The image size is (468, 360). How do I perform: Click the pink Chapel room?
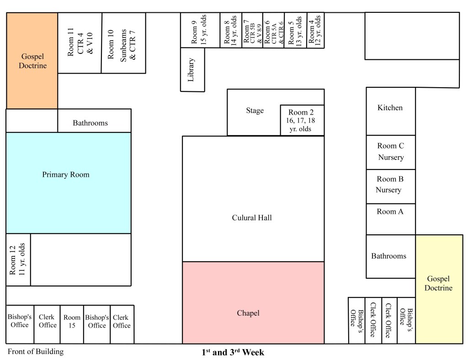253,302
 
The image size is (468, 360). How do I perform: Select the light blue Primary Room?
68,183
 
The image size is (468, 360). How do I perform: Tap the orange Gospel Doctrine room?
32,61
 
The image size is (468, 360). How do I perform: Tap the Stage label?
255,111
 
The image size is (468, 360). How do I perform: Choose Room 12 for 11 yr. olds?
18,259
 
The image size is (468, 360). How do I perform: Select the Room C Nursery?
390,152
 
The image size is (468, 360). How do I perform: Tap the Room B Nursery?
390,185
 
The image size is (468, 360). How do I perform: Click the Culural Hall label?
252,217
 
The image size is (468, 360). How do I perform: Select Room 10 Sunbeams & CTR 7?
123,43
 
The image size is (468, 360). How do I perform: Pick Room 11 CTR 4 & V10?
80,43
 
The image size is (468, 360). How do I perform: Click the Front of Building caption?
36,351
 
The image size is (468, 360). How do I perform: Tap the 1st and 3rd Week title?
233,352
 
